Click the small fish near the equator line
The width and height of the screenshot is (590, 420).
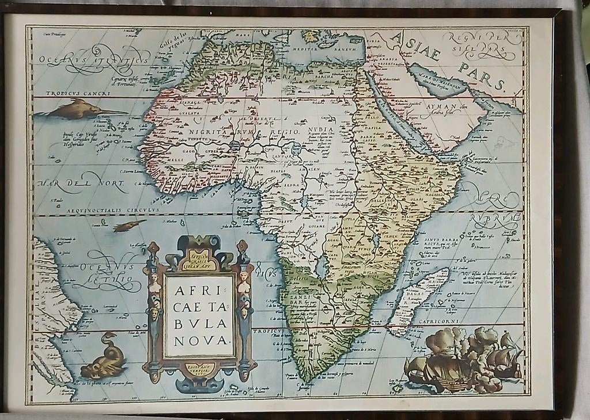[130, 226]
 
